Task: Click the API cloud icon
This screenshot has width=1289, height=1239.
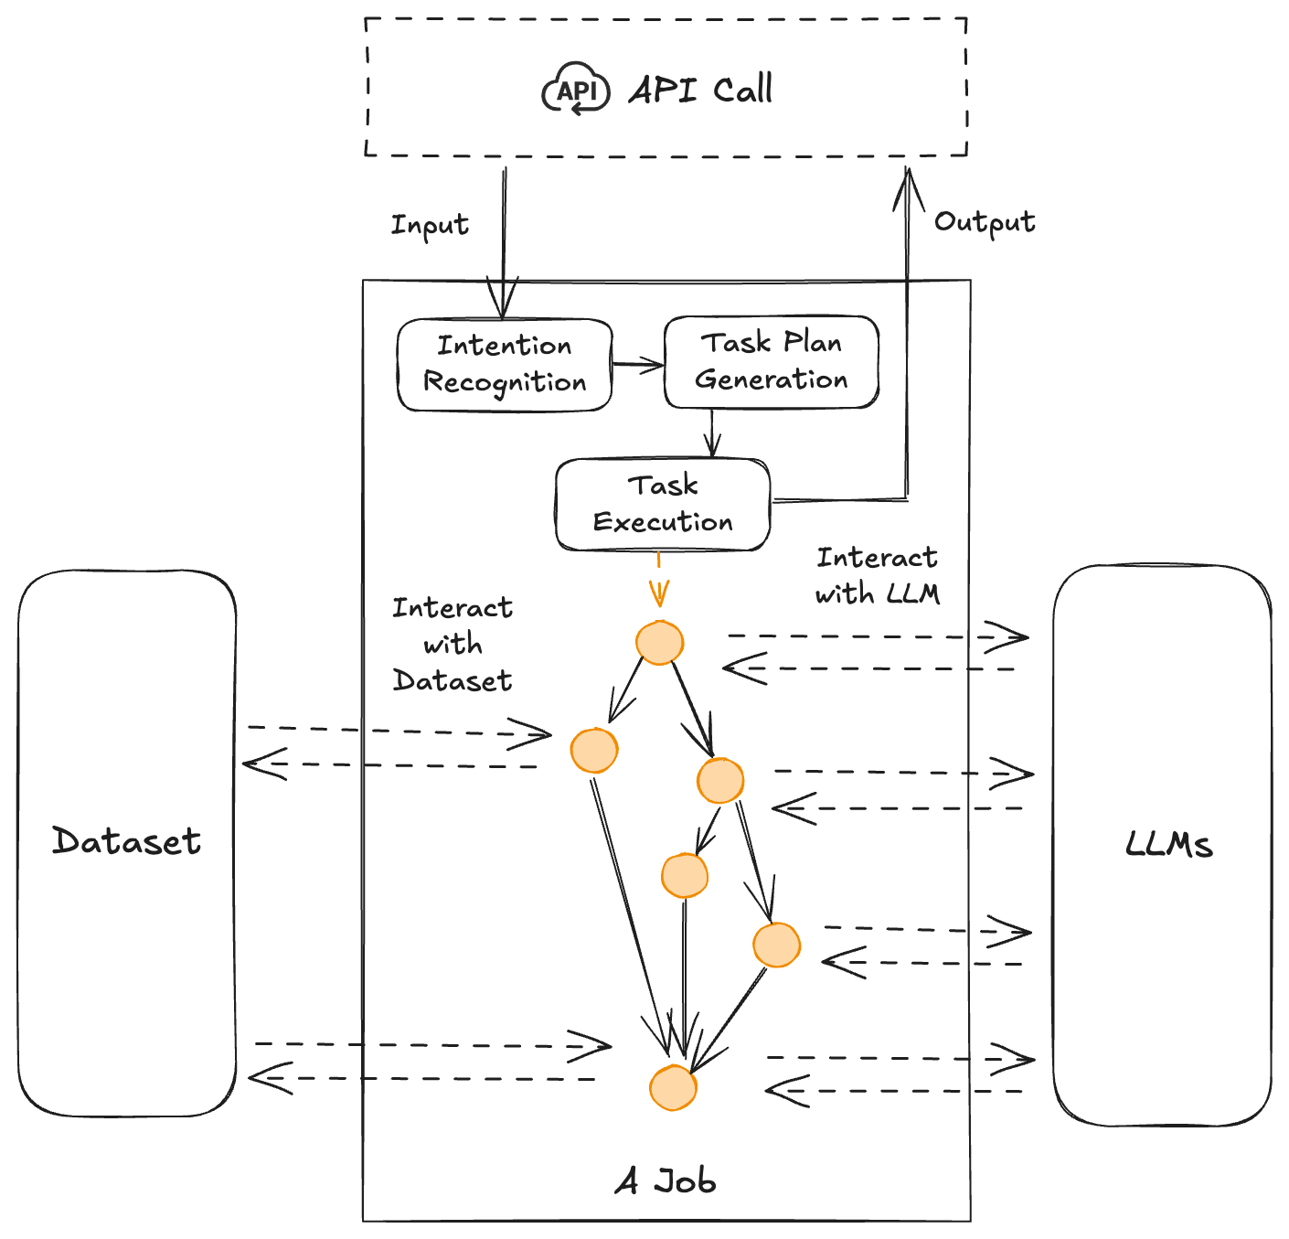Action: point(576,90)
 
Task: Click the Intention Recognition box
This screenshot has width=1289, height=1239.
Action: point(505,365)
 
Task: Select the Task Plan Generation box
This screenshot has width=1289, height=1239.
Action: point(772,362)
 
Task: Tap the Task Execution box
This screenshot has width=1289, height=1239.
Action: point(663,505)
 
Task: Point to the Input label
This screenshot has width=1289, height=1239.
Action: point(430,225)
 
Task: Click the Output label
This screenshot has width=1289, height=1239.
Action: point(985,222)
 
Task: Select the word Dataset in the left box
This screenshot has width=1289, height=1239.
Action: point(126,841)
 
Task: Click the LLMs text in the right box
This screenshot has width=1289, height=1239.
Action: point(1169,844)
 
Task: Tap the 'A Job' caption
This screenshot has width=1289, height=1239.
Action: point(666,1181)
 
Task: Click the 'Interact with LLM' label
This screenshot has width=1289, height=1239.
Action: point(877,576)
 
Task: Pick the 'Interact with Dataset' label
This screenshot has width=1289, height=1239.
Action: point(453,645)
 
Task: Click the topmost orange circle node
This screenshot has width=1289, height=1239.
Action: point(659,642)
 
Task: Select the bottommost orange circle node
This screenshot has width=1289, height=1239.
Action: point(674,1087)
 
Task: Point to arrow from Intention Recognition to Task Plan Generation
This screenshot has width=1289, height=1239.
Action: point(638,366)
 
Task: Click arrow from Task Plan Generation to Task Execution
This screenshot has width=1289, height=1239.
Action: point(712,434)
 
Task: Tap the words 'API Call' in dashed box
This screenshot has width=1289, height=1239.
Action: point(700,90)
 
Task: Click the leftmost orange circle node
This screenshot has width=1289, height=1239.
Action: point(594,750)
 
